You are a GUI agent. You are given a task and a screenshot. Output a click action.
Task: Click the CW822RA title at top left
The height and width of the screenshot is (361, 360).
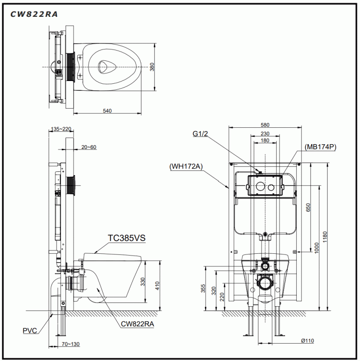click(x=34, y=14)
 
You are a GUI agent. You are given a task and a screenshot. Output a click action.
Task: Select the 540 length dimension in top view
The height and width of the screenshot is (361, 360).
click(x=107, y=111)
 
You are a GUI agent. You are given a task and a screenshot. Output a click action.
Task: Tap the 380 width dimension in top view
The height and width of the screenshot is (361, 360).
click(x=152, y=67)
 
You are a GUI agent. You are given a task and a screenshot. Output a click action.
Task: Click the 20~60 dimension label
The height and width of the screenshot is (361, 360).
click(x=89, y=147)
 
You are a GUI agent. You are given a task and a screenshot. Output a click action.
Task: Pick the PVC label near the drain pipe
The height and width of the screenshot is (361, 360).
click(x=30, y=331)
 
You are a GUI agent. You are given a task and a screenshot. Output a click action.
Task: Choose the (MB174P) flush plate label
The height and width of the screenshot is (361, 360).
click(x=320, y=147)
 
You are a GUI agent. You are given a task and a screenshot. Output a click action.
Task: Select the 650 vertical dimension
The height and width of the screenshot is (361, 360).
click(x=307, y=207)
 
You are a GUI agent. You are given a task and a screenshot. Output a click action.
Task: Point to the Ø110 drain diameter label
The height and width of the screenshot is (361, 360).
click(x=307, y=341)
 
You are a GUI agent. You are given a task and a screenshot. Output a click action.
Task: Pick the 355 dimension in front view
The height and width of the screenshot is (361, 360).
click(x=203, y=287)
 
